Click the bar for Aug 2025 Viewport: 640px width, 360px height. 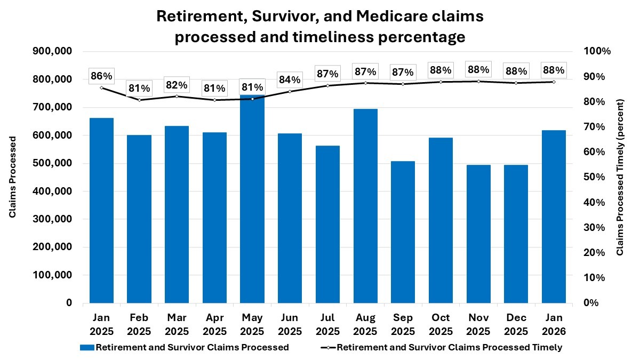click(365, 208)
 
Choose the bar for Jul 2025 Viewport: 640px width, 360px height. click(327, 224)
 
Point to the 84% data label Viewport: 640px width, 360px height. click(289, 79)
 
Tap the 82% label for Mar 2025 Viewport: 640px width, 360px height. click(177, 85)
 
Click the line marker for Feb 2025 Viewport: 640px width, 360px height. click(139, 100)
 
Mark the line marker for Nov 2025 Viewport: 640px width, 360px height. click(478, 81)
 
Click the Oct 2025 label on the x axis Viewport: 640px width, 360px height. click(441, 325)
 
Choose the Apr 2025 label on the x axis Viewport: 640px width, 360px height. click(214, 325)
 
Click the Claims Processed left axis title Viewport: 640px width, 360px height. click(12, 177)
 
